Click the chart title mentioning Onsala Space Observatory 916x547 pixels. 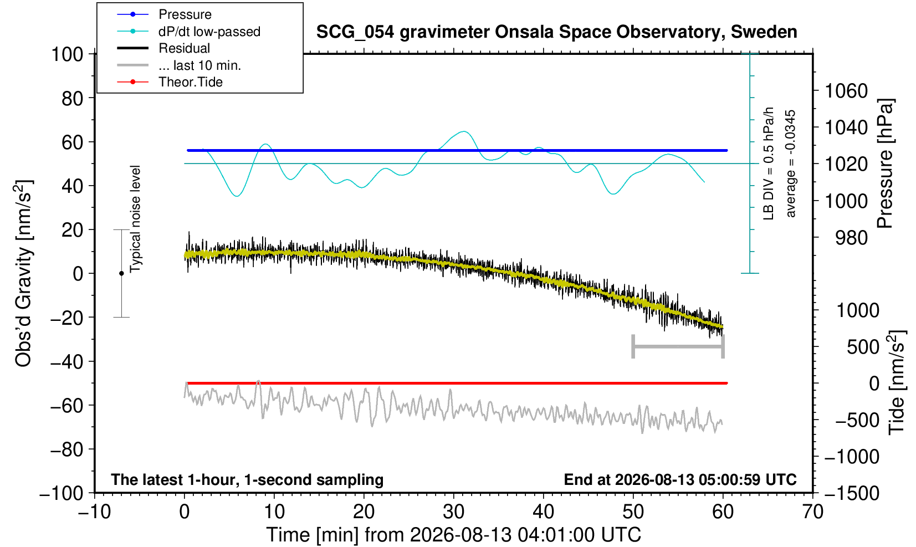point(556,32)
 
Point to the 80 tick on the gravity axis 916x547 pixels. point(72,98)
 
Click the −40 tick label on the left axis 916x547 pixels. point(66,362)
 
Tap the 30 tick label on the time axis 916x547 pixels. point(453,512)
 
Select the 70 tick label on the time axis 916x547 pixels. point(812,512)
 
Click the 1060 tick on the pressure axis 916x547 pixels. point(846,90)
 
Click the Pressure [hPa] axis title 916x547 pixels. point(885,163)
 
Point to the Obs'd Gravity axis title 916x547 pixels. point(23,273)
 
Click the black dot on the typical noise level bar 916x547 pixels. point(121,273)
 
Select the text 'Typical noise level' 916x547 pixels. point(135,219)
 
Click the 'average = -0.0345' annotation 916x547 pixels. point(790,163)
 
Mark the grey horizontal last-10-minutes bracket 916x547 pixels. point(678,346)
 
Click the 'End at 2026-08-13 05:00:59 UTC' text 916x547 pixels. point(680,479)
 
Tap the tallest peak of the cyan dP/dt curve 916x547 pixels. point(463,131)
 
